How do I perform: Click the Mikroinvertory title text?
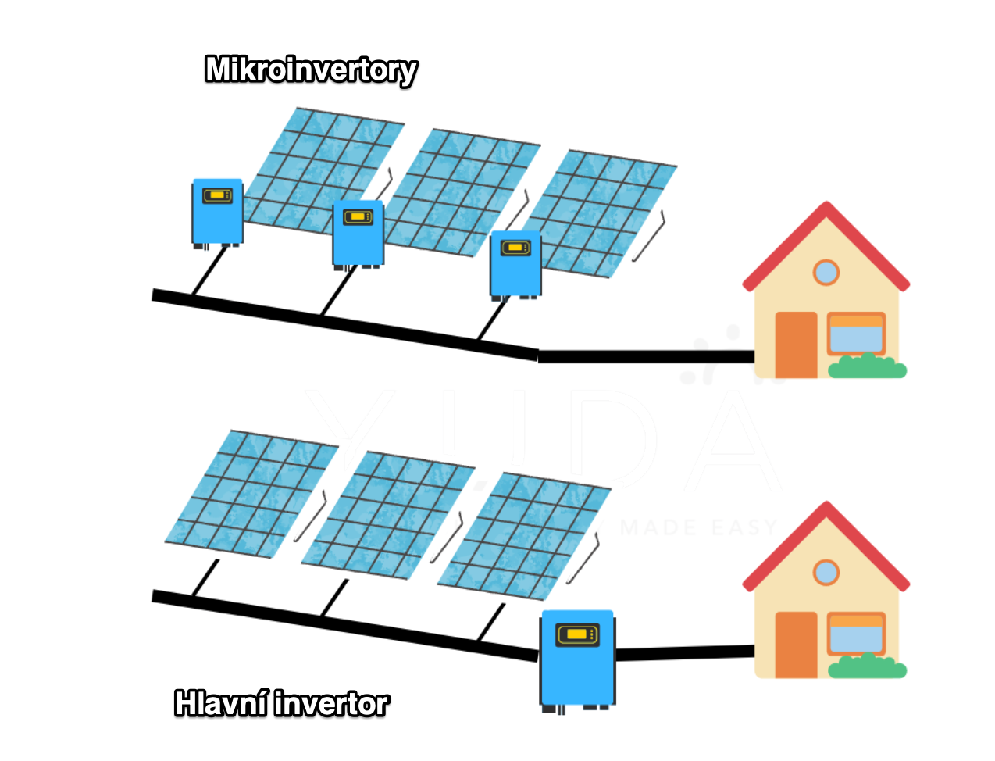311,70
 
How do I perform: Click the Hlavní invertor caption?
281,704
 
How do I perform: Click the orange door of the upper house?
796,345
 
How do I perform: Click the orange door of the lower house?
796,645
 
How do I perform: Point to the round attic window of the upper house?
826,273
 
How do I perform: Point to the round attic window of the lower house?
826,572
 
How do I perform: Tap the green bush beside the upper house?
867,366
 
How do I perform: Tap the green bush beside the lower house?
867,666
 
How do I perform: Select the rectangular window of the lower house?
856,634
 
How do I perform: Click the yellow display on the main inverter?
577,634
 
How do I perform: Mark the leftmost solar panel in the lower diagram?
251,494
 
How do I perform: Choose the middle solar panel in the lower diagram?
388,515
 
